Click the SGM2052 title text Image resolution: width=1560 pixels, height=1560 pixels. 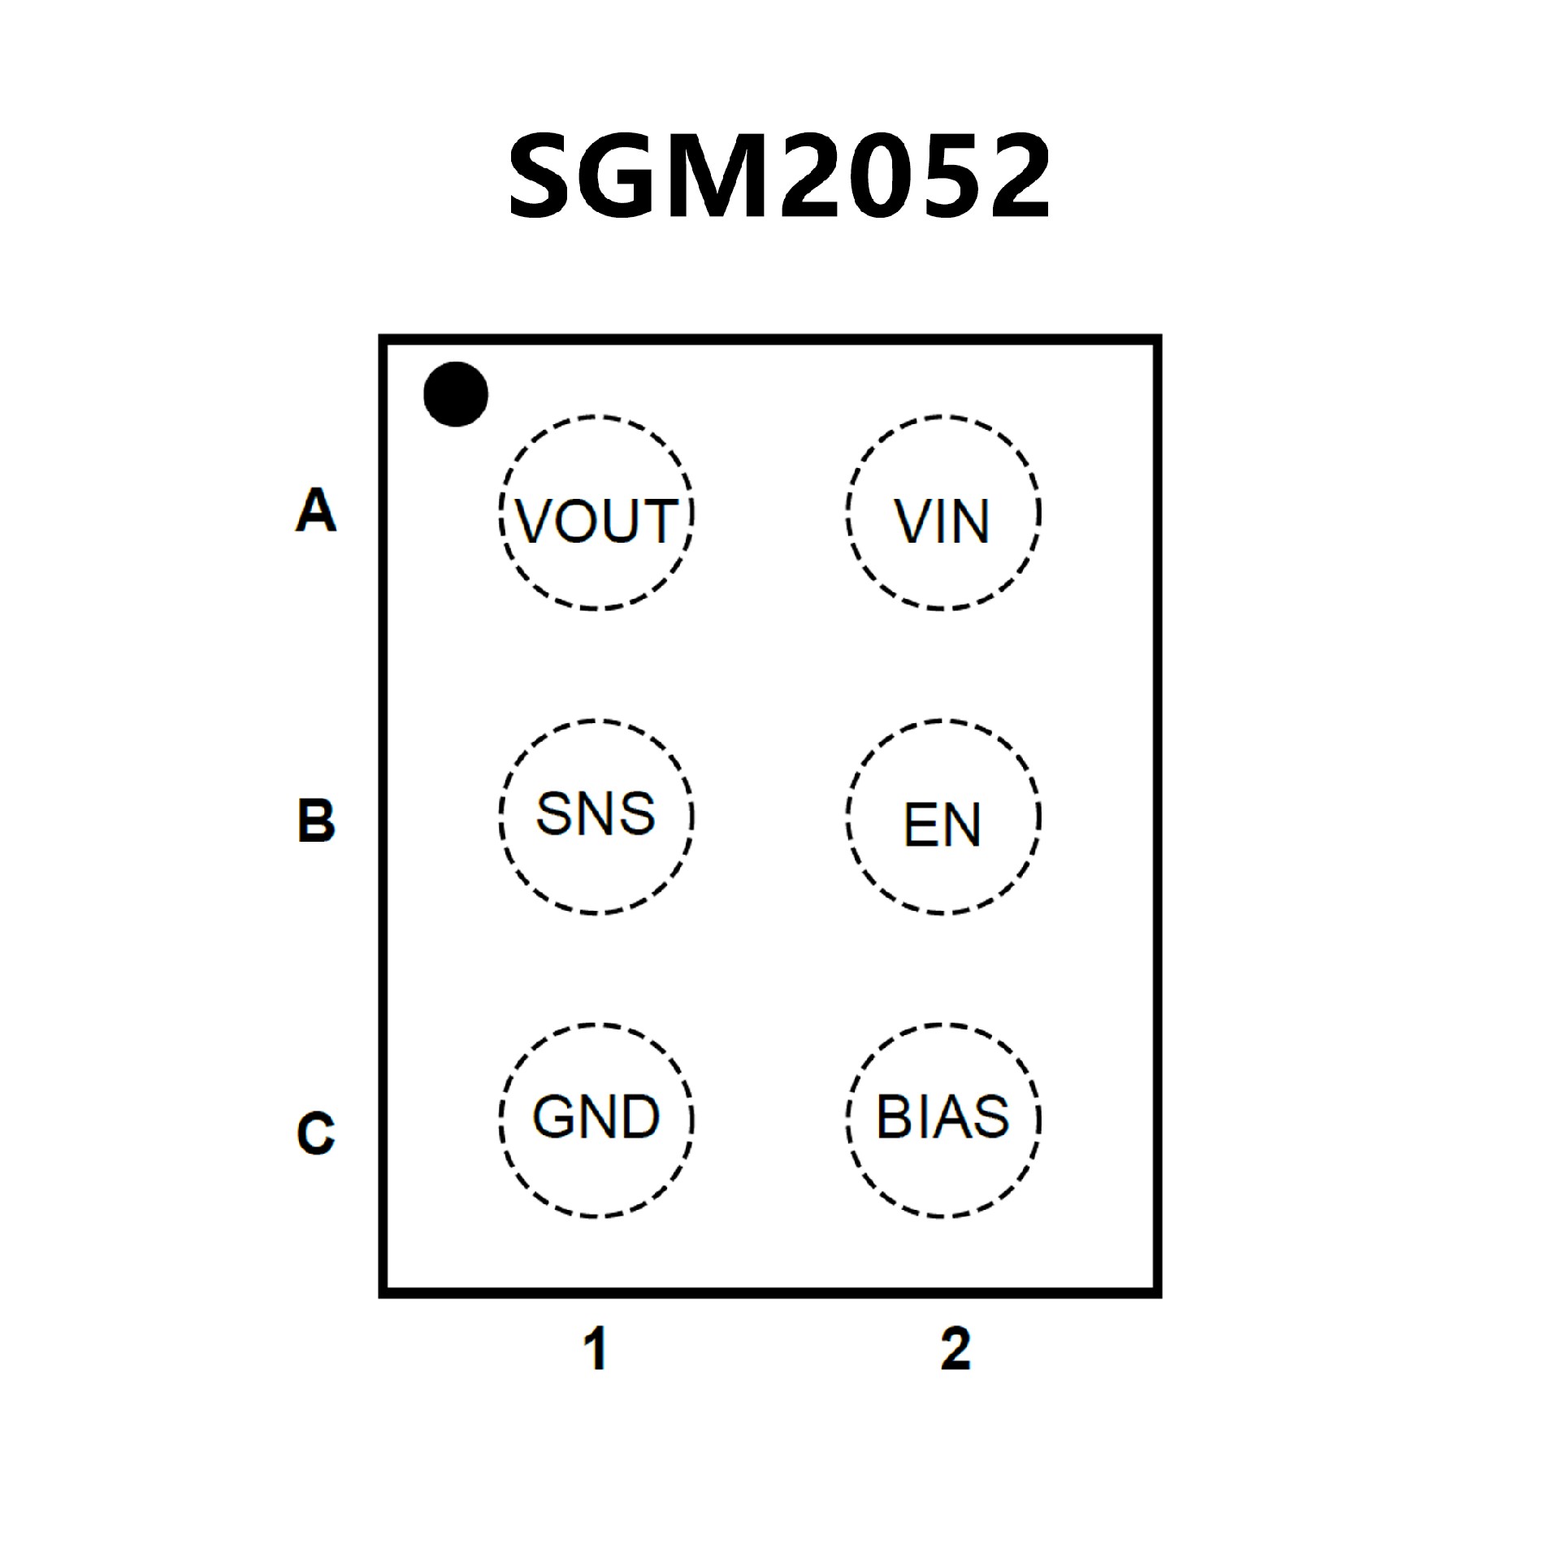click(779, 176)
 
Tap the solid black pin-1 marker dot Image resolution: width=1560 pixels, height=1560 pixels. click(456, 394)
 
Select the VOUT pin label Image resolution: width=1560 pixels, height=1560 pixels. click(596, 521)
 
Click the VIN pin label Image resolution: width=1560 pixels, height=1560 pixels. click(942, 521)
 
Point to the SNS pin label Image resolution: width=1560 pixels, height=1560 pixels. click(596, 813)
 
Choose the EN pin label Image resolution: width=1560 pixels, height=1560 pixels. click(942, 825)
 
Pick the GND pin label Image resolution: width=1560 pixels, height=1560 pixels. click(596, 1117)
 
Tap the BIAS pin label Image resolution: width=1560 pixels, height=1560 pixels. click(942, 1117)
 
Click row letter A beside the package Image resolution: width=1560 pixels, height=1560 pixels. click(315, 510)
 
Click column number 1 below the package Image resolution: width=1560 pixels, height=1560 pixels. click(596, 1350)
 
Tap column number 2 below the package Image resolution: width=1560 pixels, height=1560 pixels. click(955, 1350)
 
